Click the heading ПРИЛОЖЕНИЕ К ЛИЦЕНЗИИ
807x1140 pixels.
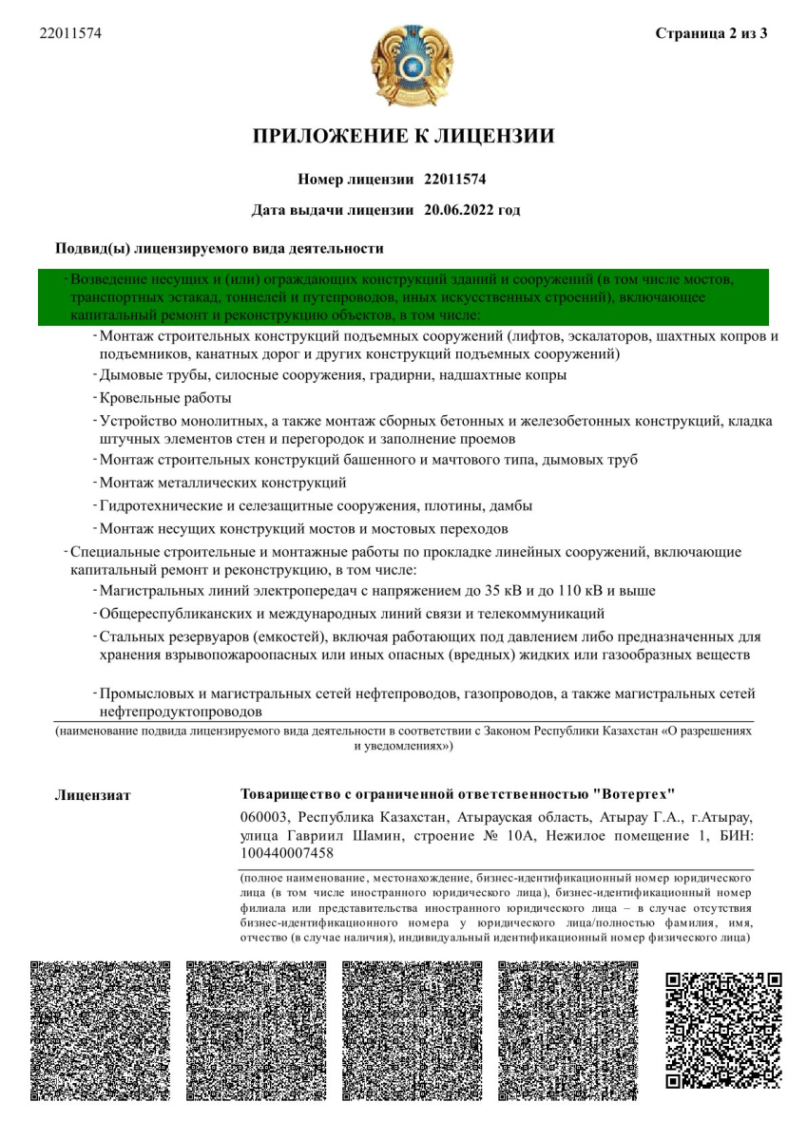(x=403, y=136)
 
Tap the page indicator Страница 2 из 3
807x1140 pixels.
(x=711, y=34)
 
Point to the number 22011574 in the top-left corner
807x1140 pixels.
(x=70, y=34)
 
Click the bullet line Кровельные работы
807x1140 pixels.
(x=164, y=398)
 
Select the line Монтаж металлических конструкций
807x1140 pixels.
(x=222, y=483)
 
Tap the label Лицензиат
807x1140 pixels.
(x=93, y=794)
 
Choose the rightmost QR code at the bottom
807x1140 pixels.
(x=722, y=1029)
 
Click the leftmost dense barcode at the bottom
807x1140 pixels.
(x=100, y=1031)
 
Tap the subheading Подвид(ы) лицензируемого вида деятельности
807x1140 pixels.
(x=220, y=249)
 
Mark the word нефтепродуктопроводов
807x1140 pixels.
(x=181, y=711)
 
